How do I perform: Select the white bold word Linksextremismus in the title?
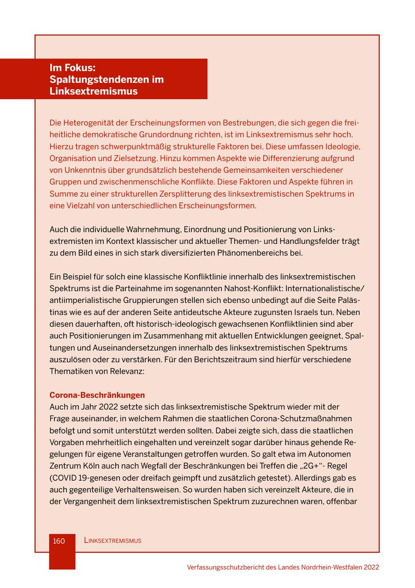point(94,91)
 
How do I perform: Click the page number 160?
point(59,541)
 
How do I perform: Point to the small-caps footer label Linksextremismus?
point(113,541)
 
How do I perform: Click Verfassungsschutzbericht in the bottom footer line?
point(225,567)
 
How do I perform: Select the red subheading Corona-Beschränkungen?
point(97,395)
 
